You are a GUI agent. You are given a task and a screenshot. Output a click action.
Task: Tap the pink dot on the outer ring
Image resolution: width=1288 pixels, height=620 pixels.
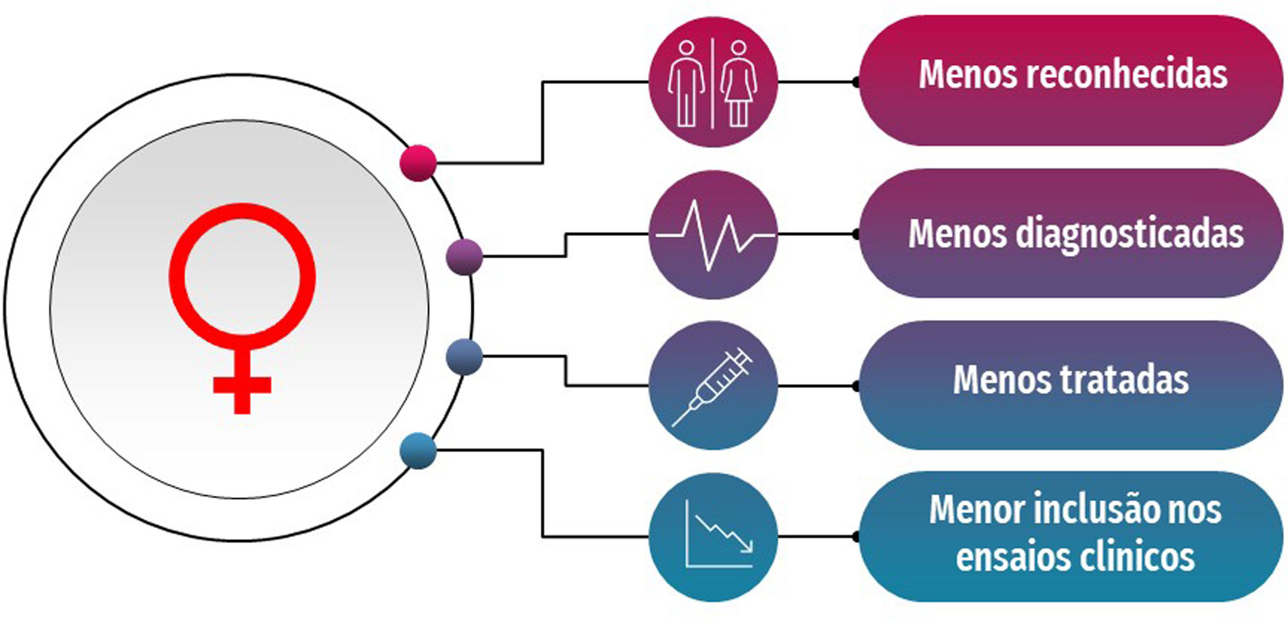click(418, 162)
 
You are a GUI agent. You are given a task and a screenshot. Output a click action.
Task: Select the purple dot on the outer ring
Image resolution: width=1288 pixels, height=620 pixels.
click(464, 257)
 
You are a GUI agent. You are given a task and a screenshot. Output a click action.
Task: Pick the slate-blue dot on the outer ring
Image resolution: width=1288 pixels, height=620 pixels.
click(464, 357)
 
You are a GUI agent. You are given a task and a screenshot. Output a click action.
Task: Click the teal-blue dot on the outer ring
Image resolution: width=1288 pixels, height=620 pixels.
click(418, 451)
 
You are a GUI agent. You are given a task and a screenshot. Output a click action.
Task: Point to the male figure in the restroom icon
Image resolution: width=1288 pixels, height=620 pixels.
click(686, 83)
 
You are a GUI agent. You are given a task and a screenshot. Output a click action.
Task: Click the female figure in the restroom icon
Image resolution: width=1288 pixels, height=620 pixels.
click(738, 83)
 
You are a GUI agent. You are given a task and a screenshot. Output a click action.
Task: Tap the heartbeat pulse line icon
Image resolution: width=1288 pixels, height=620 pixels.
click(713, 235)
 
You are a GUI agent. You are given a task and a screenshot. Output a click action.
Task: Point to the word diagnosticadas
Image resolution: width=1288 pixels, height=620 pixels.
click(1129, 233)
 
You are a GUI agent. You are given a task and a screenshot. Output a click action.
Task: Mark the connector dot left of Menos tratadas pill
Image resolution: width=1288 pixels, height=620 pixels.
click(856, 386)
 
